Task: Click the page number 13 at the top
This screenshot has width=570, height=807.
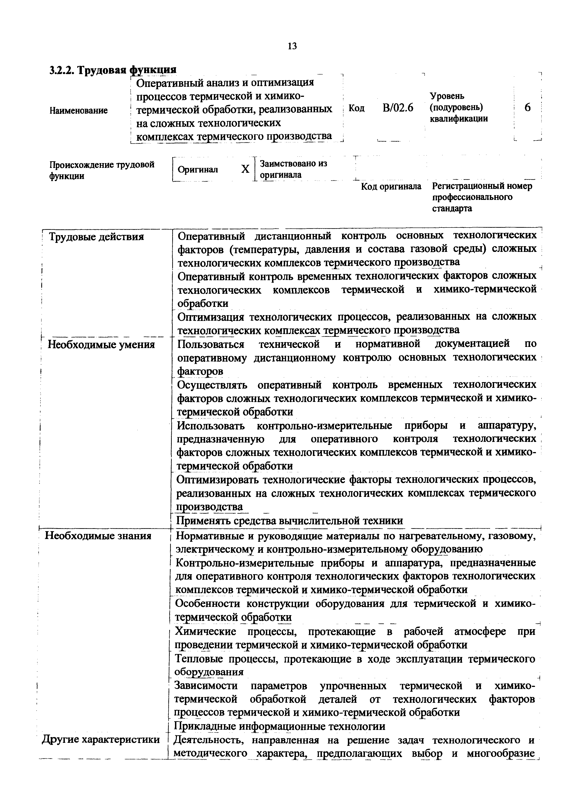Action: pyautogui.click(x=292, y=46)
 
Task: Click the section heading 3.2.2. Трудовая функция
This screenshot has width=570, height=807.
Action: pyautogui.click(x=112, y=70)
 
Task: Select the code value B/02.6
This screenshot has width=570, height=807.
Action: pyautogui.click(x=398, y=108)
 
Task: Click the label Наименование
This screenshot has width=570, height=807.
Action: pyautogui.click(x=78, y=111)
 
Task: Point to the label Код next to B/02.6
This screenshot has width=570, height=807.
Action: pyautogui.click(x=356, y=108)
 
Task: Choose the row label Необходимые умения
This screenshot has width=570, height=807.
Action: pyautogui.click(x=101, y=344)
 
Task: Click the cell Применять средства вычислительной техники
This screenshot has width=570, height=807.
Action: pyautogui.click(x=289, y=521)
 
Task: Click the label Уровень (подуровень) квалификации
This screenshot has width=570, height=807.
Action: pyautogui.click(x=459, y=107)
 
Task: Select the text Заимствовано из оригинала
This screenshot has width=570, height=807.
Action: pyautogui.click(x=293, y=169)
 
